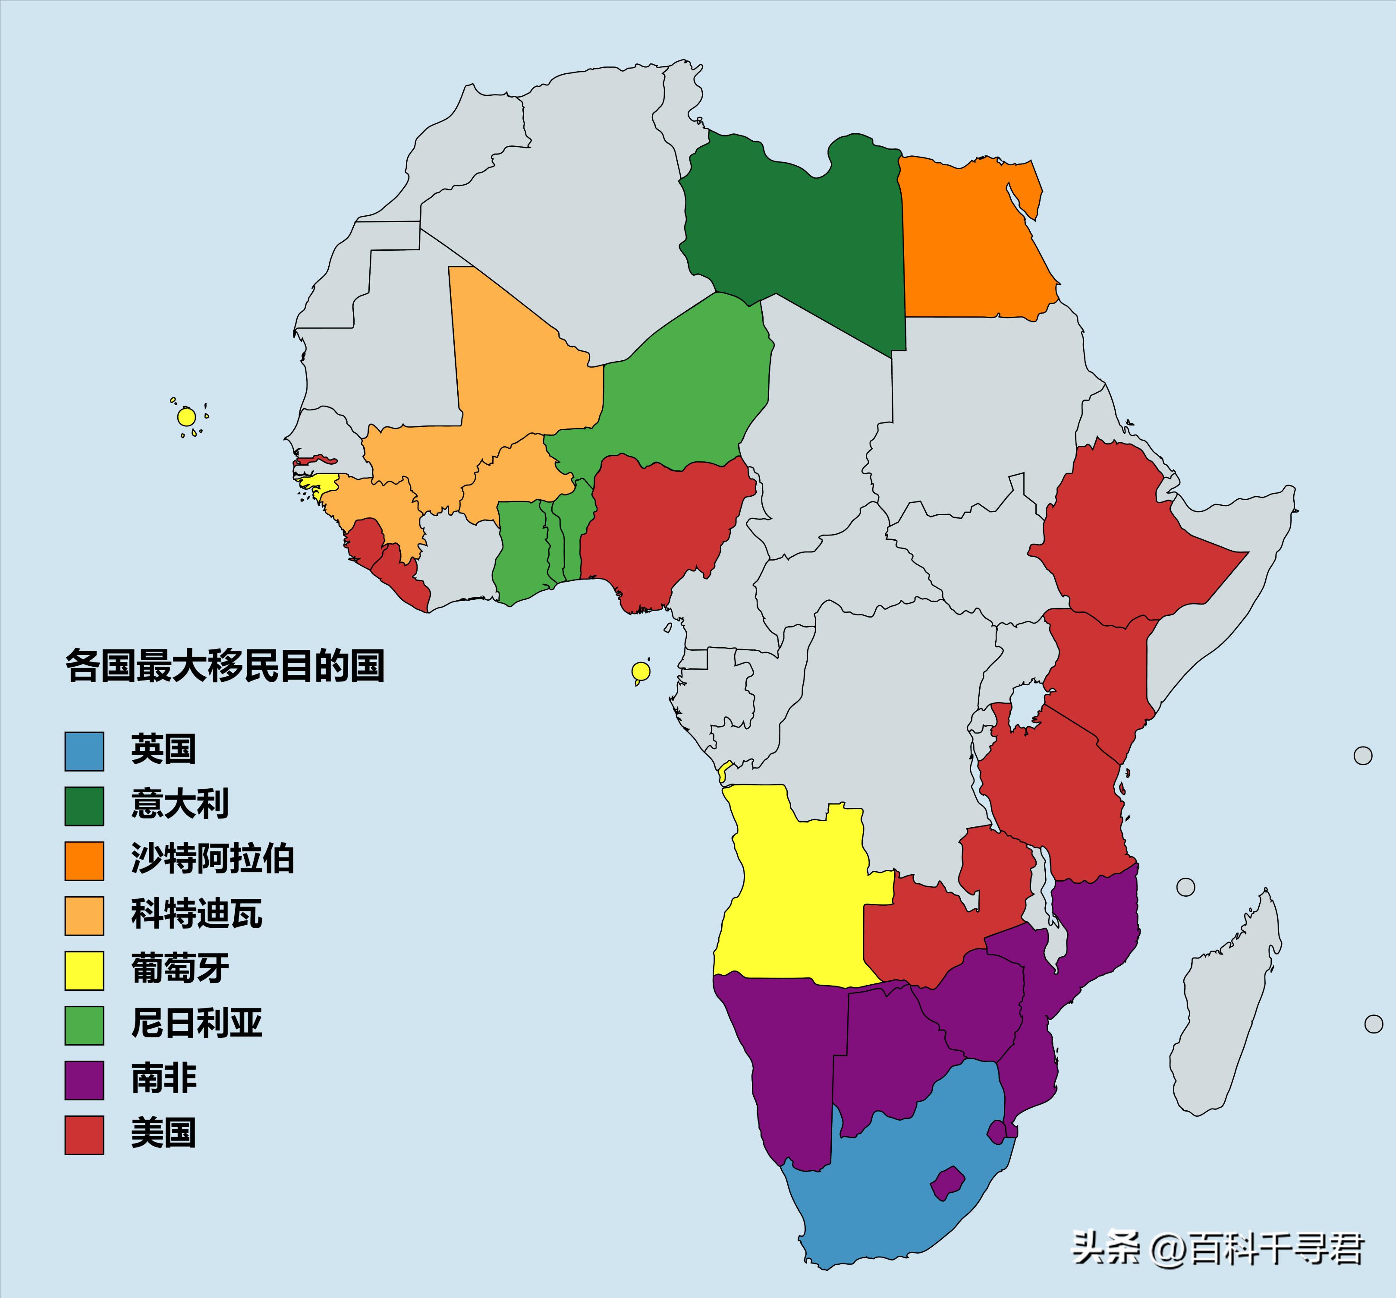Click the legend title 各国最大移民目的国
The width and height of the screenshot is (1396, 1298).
click(x=225, y=666)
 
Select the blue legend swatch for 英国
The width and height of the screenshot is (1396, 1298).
click(x=84, y=751)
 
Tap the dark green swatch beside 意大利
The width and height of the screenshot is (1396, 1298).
click(x=84, y=806)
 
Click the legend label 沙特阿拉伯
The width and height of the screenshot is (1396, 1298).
click(x=212, y=859)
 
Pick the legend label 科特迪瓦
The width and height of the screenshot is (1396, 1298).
click(x=197, y=914)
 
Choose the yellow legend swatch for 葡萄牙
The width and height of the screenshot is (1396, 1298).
click(x=84, y=970)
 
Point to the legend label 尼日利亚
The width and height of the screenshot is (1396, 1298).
click(x=197, y=1024)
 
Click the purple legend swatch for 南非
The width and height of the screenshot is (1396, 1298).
click(x=84, y=1080)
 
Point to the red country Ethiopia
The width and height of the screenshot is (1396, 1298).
click(x=1123, y=541)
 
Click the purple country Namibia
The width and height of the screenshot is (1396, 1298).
click(x=786, y=1054)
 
